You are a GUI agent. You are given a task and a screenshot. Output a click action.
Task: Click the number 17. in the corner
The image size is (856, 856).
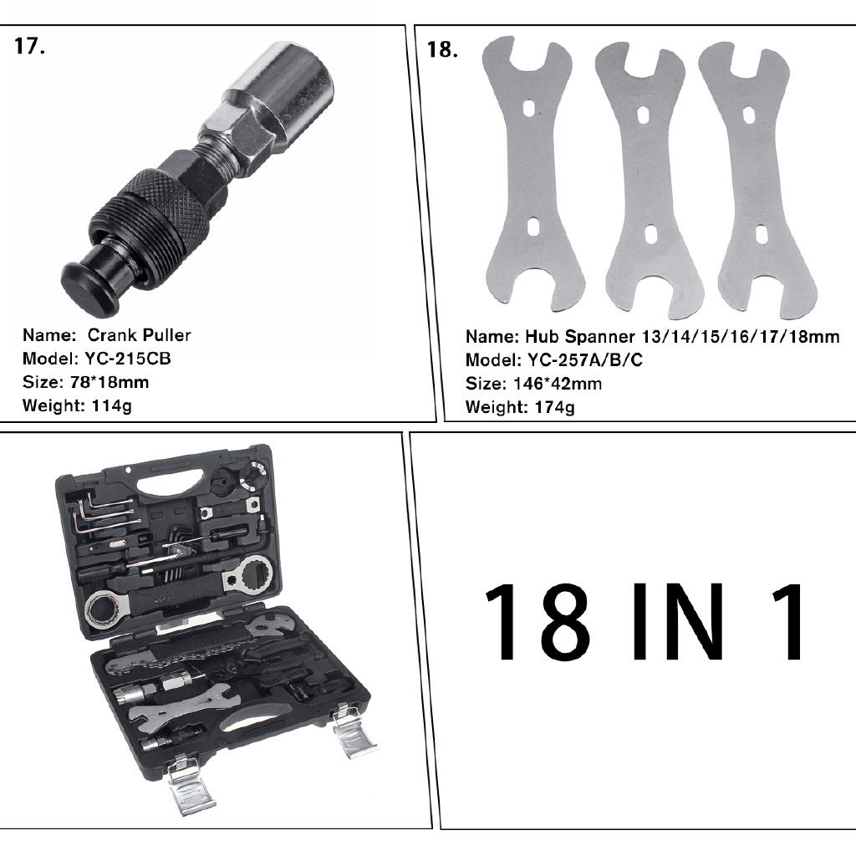tap(30, 46)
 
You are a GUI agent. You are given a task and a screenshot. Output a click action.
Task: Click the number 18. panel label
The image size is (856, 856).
tap(442, 49)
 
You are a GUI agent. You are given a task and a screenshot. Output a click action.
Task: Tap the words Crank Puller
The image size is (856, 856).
tap(139, 335)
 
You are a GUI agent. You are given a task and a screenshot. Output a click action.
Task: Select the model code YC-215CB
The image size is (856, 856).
tap(126, 359)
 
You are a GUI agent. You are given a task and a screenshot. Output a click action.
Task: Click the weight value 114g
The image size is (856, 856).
tap(112, 405)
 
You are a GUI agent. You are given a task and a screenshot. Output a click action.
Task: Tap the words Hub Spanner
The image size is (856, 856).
tap(580, 337)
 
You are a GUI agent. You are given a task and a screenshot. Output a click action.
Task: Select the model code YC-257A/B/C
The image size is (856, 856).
tap(584, 360)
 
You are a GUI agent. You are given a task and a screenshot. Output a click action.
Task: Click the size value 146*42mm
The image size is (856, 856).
tap(555, 384)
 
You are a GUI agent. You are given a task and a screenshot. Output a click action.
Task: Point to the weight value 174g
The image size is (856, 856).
tap(551, 407)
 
